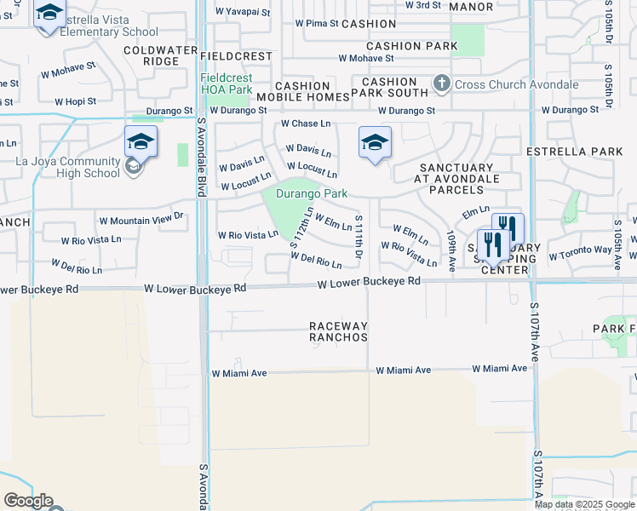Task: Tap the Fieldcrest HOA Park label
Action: (226, 83)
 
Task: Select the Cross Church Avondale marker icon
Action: (442, 83)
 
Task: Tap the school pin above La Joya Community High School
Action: (141, 142)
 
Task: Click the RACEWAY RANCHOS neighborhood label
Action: (338, 332)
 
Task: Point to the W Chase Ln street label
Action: (305, 124)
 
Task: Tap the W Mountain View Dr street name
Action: (141, 219)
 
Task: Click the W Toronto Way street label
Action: (580, 253)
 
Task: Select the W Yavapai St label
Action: (242, 12)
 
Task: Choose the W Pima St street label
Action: (317, 24)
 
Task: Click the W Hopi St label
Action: (77, 101)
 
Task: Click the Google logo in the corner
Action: (27, 501)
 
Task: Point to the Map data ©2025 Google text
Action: (584, 504)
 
